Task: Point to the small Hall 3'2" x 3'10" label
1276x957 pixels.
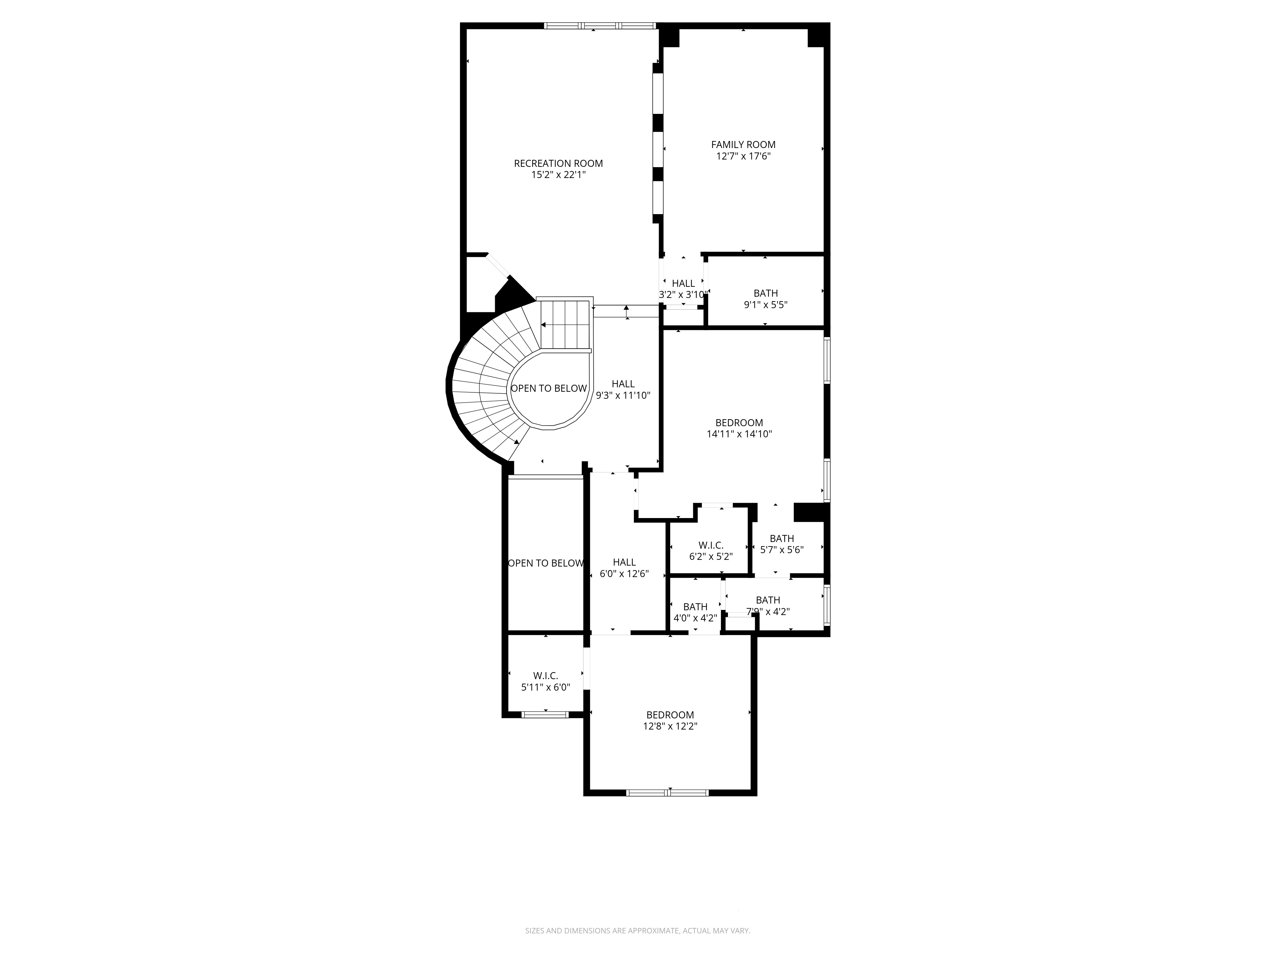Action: tap(683, 289)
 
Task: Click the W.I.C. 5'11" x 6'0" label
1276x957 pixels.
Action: tap(545, 681)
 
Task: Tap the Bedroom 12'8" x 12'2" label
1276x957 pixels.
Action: tap(670, 721)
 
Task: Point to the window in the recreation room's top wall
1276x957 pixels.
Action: tap(600, 26)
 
